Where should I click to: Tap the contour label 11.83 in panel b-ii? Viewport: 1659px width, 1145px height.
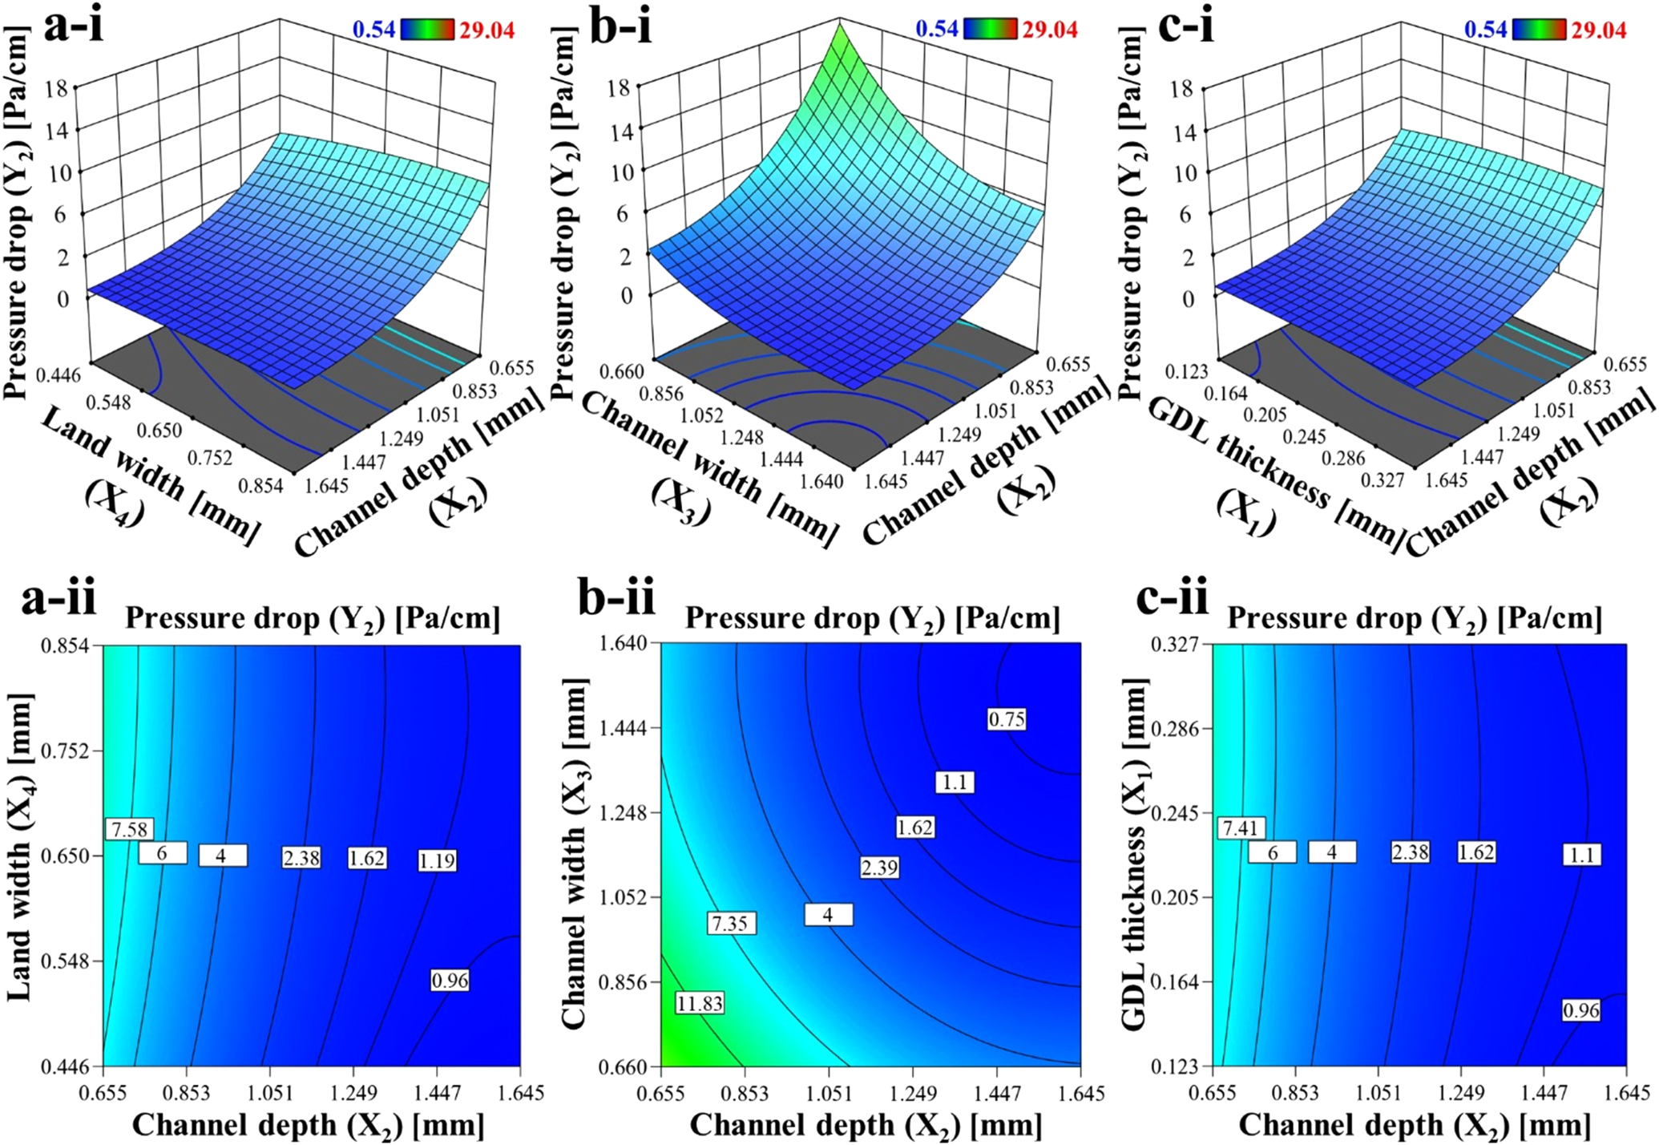coord(700,1003)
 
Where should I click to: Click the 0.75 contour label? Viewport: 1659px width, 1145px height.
coord(1006,719)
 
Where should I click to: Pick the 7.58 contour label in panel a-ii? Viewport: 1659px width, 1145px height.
coord(129,829)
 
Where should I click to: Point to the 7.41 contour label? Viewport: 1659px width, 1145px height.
coord(1241,827)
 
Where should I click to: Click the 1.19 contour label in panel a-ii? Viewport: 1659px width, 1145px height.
coord(437,861)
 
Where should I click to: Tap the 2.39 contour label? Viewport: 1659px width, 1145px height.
coord(879,868)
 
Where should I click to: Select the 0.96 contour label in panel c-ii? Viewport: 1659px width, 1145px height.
coord(1581,1011)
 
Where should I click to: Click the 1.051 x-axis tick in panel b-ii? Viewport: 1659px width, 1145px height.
coord(829,1094)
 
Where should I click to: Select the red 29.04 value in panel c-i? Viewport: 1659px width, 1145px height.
coord(1598,30)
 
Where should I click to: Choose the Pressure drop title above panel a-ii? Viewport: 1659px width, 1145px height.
coord(313,618)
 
